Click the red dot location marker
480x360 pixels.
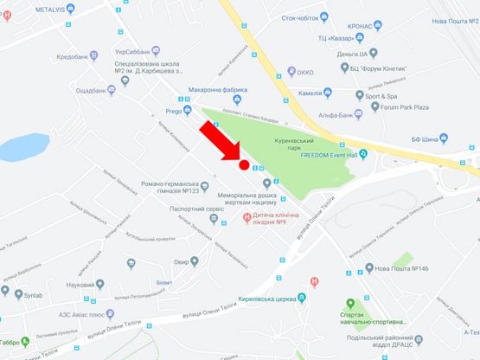pyautogui.click(x=244, y=164)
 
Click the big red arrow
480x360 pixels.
pyautogui.click(x=220, y=143)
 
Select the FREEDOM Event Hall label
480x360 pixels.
pyautogui.click(x=334, y=156)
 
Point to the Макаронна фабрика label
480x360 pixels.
pyautogui.click(x=220, y=90)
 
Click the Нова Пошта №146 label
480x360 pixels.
pyautogui.click(x=402, y=268)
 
